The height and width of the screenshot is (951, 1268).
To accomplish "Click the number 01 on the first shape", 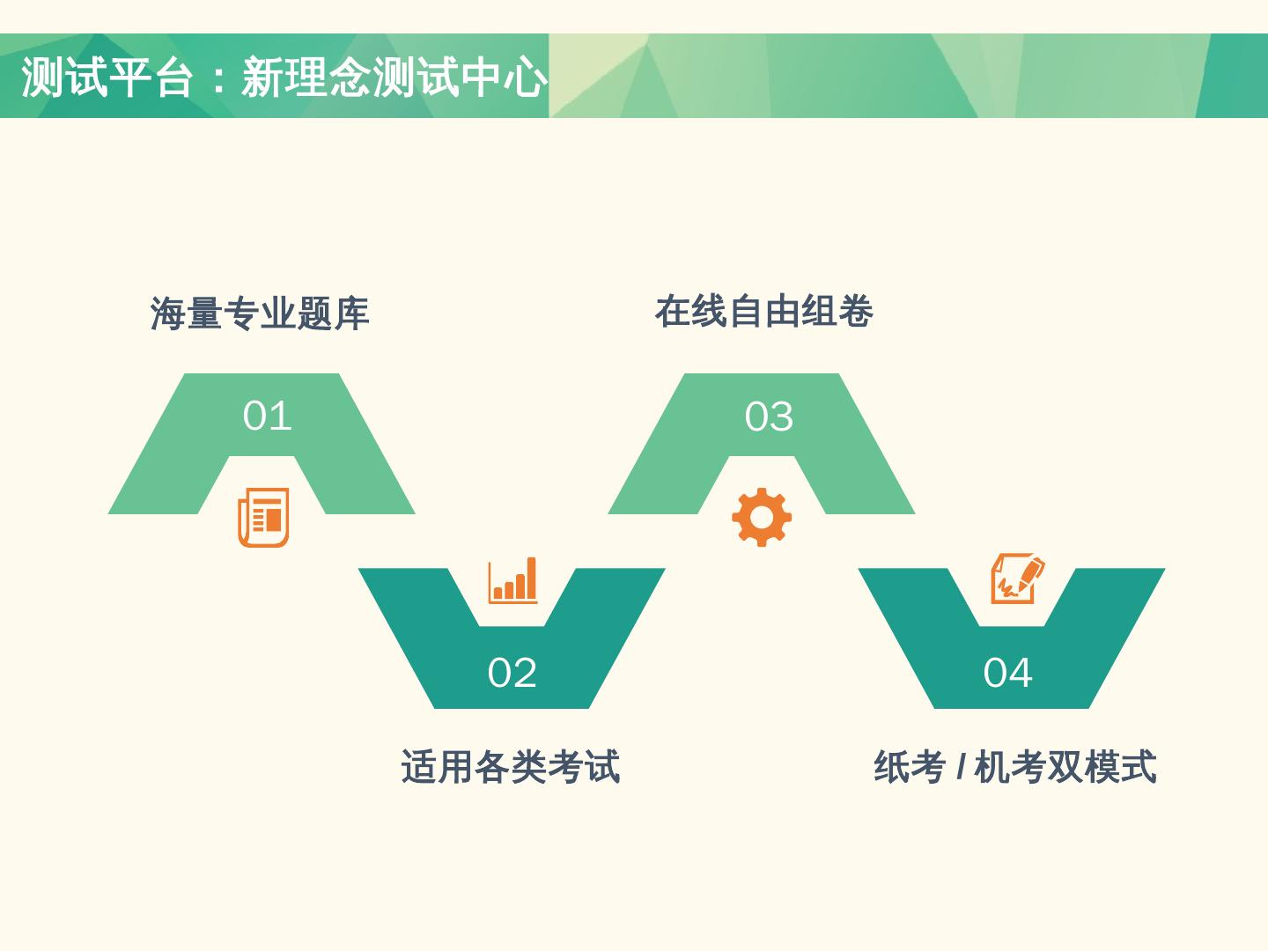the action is point(267,416).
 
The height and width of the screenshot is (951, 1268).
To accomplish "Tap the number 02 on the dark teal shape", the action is point(512,673).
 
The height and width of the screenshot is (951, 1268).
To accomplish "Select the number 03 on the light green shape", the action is point(769,417).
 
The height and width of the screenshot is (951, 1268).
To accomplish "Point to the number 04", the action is point(1007,673).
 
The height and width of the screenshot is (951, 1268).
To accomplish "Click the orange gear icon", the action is point(762,517).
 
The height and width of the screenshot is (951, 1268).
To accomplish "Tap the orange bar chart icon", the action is point(512,580).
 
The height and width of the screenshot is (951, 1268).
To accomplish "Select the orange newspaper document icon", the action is point(263,517).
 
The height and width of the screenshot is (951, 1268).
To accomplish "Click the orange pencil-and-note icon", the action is point(1017,579).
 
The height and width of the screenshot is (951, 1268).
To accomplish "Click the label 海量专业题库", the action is point(259,313).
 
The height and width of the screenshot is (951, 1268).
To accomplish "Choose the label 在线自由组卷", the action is point(763,312).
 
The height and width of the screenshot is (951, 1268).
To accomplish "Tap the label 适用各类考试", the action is point(511,766).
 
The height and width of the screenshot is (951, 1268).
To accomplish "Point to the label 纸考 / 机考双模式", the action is point(1014,766).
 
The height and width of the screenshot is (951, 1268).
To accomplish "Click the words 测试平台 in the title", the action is point(107,77).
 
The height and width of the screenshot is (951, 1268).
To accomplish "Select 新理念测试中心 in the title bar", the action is point(394,77).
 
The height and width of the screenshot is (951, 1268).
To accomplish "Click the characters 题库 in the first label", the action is point(333,313).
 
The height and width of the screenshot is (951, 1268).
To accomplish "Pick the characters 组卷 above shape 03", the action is point(837,312).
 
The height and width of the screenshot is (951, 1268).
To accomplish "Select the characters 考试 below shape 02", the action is point(584,766).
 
